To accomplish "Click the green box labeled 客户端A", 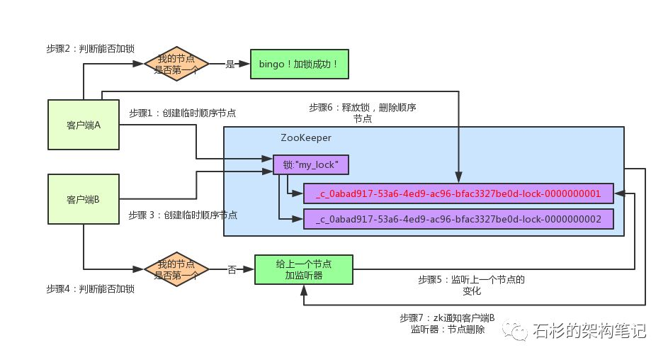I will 83,125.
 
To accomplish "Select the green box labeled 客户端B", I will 83,201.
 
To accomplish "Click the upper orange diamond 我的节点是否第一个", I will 176,64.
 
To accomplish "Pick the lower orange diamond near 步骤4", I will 176,269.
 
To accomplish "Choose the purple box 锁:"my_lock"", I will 311,164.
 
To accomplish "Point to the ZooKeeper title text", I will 306,137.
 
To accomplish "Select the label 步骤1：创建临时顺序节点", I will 183,113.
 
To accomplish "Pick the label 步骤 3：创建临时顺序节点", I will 183,215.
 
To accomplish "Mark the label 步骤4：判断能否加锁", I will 90,289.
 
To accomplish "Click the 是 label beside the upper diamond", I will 229,64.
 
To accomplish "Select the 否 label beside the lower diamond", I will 232,269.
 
